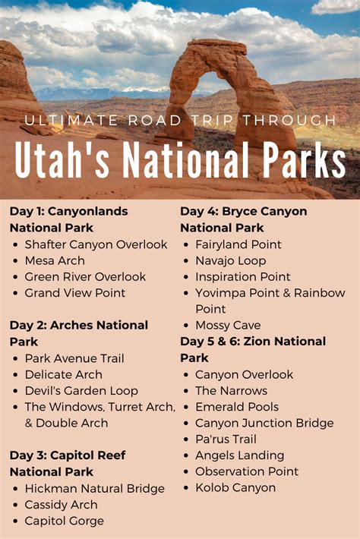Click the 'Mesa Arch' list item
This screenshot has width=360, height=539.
click(x=55, y=260)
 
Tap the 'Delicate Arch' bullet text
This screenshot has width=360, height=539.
click(x=64, y=374)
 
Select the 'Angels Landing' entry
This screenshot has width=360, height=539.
click(x=240, y=455)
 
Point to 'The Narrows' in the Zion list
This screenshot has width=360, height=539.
click(x=231, y=390)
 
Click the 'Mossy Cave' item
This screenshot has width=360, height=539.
click(x=228, y=325)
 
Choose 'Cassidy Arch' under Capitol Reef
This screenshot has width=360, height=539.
click(x=62, y=505)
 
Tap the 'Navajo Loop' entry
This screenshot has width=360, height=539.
click(x=231, y=261)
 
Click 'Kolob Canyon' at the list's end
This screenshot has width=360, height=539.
click(x=235, y=488)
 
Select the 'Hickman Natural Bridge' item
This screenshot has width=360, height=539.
click(x=94, y=488)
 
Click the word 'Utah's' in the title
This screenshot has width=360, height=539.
click(x=62, y=160)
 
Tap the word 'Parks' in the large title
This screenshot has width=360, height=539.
click(x=303, y=160)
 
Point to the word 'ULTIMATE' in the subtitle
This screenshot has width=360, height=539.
click(x=71, y=120)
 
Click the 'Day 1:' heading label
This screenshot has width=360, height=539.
click(x=27, y=211)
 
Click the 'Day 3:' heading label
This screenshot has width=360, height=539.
click(x=27, y=455)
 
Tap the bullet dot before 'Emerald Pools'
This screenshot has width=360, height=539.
click(x=186, y=408)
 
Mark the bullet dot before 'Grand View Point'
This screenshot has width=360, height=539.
click(x=15, y=293)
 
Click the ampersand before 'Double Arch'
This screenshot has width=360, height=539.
click(x=29, y=423)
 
